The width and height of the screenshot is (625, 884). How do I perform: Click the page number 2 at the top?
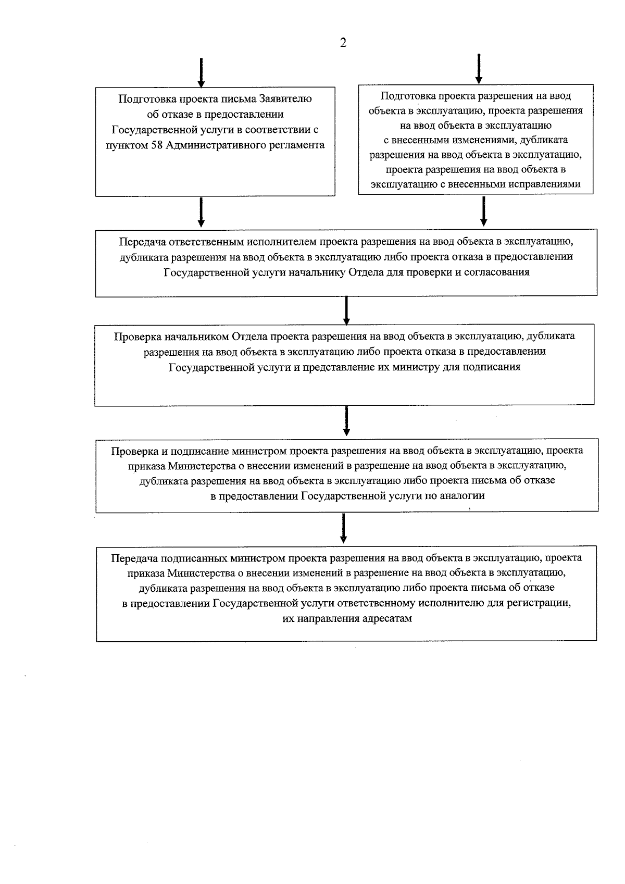pyautogui.click(x=343, y=43)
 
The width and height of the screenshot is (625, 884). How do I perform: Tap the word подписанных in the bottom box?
pyautogui.click(x=196, y=558)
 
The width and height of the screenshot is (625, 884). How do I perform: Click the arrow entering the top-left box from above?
pyautogui.click(x=201, y=72)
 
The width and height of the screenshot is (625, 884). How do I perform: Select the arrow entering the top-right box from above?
pyautogui.click(x=479, y=69)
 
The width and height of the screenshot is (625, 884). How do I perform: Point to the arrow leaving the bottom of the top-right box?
pyautogui.click(x=484, y=211)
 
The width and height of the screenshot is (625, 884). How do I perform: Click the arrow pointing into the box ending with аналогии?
pyautogui.click(x=346, y=421)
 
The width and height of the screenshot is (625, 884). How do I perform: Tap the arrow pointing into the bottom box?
pyautogui.click(x=343, y=528)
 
